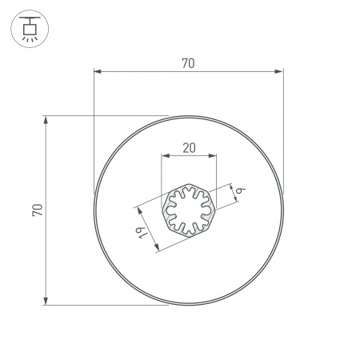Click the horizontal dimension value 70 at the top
click(188, 63)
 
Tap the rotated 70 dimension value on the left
click(37, 210)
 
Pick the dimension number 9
click(239, 190)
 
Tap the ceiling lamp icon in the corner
click(28, 28)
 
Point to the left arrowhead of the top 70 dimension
click(98, 72)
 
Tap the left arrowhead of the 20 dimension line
click(165, 156)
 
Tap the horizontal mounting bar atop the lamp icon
click(28, 18)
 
